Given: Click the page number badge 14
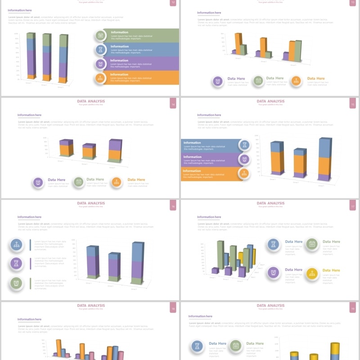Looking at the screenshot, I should click(x=173, y=105).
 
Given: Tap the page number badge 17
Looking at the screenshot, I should click(x=352, y=207).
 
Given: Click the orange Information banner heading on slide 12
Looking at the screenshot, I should click(x=119, y=75).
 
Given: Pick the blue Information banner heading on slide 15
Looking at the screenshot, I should click(x=192, y=143).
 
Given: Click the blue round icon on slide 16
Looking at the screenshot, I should click(x=16, y=245).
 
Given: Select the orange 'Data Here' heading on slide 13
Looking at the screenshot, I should click(x=315, y=78).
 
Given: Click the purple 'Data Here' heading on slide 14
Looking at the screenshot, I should click(x=56, y=180).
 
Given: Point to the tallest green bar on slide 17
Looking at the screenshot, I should click(x=220, y=254).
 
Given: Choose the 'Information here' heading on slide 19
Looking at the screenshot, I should click(x=200, y=316).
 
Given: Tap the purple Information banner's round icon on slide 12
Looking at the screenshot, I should click(x=100, y=64).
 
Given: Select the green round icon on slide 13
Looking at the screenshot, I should click(x=258, y=81).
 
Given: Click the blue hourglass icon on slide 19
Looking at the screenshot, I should click(x=197, y=346).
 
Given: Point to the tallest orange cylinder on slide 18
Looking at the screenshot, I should click(x=58, y=348).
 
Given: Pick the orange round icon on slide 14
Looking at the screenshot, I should click(x=117, y=182).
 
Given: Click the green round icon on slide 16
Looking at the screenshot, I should click(x=16, y=283).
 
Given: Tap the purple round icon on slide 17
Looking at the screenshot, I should click(x=273, y=272).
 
